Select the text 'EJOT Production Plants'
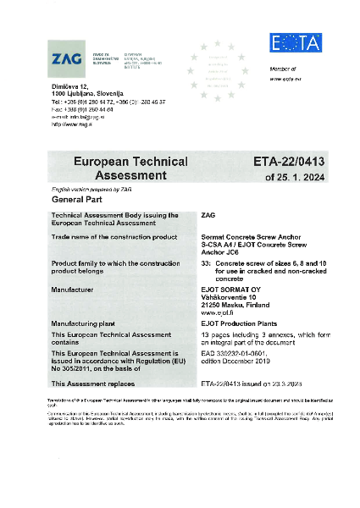235,323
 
